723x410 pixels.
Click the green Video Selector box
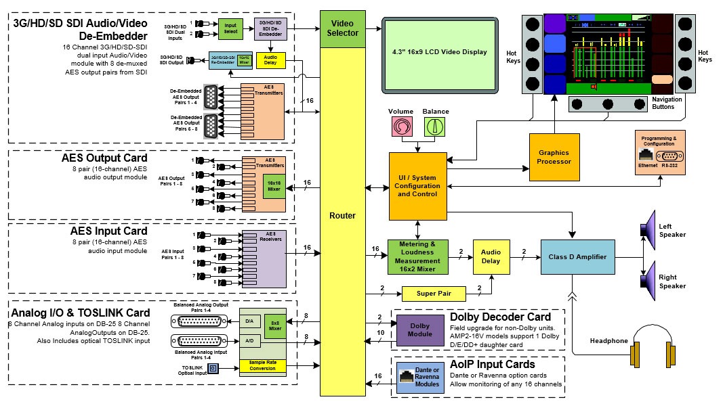[343, 28]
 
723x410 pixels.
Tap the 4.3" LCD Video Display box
[439, 53]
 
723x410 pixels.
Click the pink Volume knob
[400, 126]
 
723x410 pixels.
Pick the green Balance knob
[435, 126]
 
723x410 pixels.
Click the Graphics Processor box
[554, 157]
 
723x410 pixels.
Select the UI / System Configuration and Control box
[418, 186]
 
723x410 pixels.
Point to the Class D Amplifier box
[577, 257]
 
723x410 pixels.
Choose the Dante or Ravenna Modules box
[419, 378]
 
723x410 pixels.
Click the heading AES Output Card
[110, 158]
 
